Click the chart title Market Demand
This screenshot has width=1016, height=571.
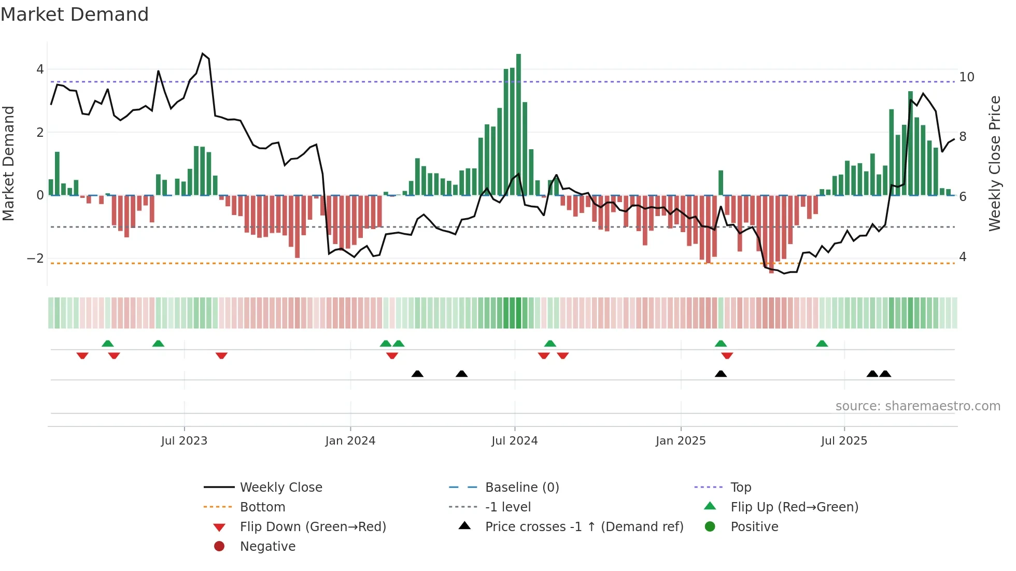click(75, 15)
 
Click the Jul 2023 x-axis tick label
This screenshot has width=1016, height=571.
click(184, 441)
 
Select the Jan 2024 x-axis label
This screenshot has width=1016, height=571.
click(350, 441)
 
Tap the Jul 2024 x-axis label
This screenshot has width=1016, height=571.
click(514, 441)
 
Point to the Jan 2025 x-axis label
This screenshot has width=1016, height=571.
click(680, 441)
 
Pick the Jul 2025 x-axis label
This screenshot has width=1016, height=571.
click(844, 441)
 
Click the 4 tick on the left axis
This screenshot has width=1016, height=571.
click(40, 69)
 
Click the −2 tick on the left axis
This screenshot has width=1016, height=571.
click(36, 258)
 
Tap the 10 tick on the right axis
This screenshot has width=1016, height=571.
click(966, 77)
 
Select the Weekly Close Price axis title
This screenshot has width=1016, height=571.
click(994, 163)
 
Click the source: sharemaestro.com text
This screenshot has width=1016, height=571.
click(918, 406)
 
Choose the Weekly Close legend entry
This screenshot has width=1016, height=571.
click(280, 488)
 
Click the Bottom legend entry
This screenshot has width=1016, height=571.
click(262, 507)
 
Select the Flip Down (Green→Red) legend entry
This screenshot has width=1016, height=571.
click(313, 527)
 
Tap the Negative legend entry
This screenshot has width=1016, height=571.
click(267, 547)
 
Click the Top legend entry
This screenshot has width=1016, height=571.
click(741, 488)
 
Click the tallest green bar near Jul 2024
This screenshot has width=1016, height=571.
click(518, 124)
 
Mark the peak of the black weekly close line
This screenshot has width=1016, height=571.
click(203, 53)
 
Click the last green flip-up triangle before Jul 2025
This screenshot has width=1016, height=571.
click(822, 344)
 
